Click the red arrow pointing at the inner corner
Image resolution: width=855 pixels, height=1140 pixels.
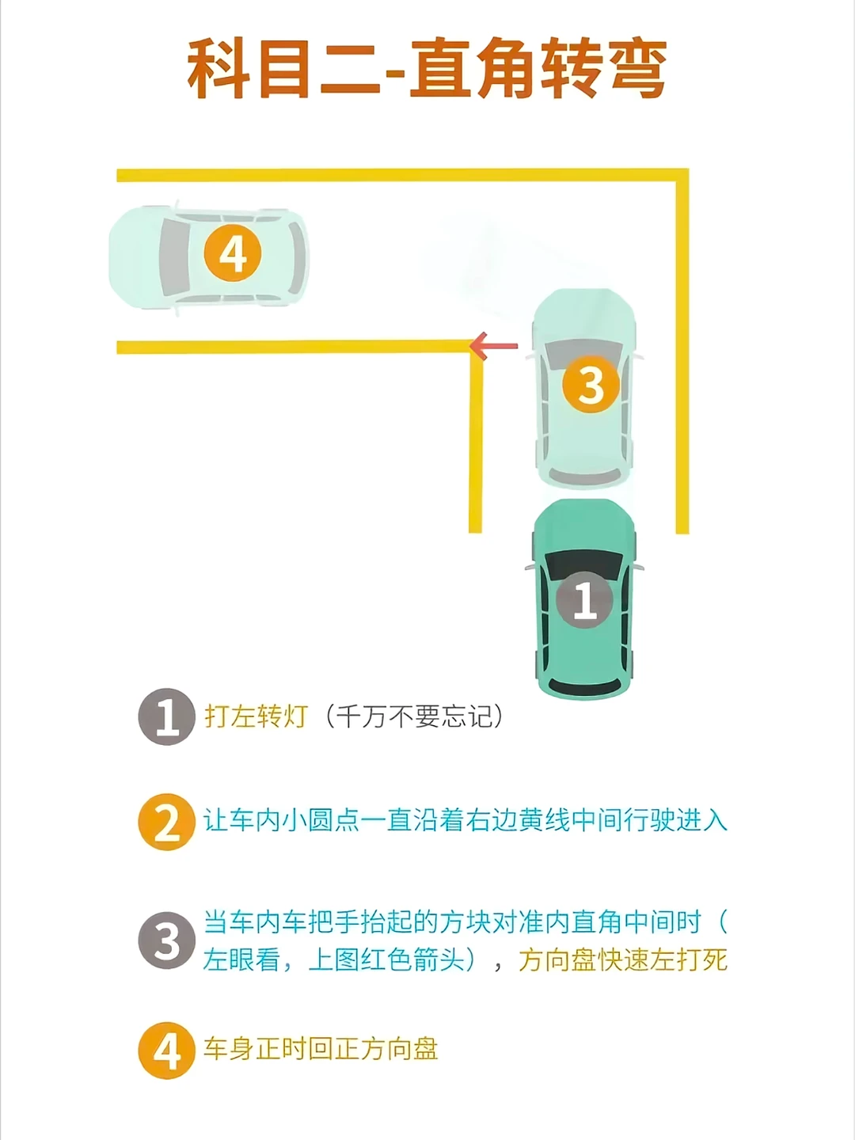point(494,346)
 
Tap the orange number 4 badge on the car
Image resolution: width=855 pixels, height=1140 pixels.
point(232,254)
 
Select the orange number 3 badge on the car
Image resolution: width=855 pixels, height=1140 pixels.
point(591,384)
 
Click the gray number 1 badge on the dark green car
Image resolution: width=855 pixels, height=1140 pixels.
point(584,600)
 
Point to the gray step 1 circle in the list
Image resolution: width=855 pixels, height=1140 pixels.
point(166,716)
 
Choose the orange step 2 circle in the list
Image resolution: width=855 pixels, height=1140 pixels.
point(166,822)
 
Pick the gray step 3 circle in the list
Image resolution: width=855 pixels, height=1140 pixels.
point(166,940)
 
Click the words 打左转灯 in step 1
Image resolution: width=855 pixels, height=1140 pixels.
point(256,716)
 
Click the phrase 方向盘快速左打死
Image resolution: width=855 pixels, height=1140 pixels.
point(622,960)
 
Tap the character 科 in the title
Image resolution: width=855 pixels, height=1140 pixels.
point(218,67)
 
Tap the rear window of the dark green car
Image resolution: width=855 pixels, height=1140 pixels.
point(584,686)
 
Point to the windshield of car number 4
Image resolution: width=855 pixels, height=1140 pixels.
point(174,257)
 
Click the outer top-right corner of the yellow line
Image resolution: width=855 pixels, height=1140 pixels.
point(689,169)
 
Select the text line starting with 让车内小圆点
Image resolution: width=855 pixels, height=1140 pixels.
point(465,820)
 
